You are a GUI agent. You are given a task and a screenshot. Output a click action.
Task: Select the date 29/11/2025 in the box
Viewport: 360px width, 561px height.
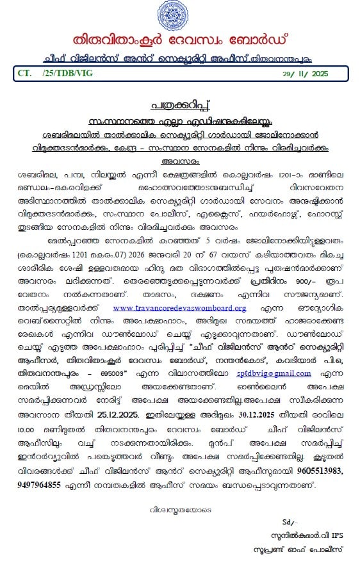[305, 74]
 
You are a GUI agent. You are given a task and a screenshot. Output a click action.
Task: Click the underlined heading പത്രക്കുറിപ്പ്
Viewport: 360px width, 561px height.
[179, 105]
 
